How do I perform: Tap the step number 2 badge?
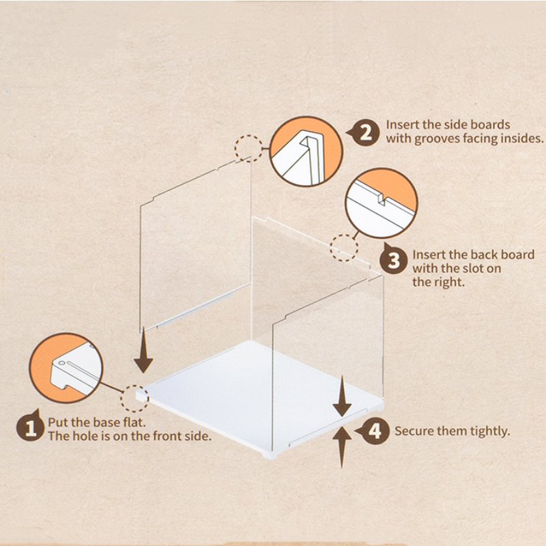[364, 132]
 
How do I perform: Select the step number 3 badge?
[394, 259]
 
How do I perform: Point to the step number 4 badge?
[374, 431]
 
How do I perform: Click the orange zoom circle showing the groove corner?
[306, 151]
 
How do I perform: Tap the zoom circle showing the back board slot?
[382, 203]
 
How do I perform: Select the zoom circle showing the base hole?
[66, 368]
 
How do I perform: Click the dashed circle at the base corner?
[134, 399]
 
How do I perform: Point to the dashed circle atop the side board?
[248, 149]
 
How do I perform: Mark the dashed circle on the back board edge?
[344, 248]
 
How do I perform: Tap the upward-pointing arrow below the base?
[342, 448]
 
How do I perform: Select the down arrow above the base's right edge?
[342, 396]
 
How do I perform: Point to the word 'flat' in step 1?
[134, 422]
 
